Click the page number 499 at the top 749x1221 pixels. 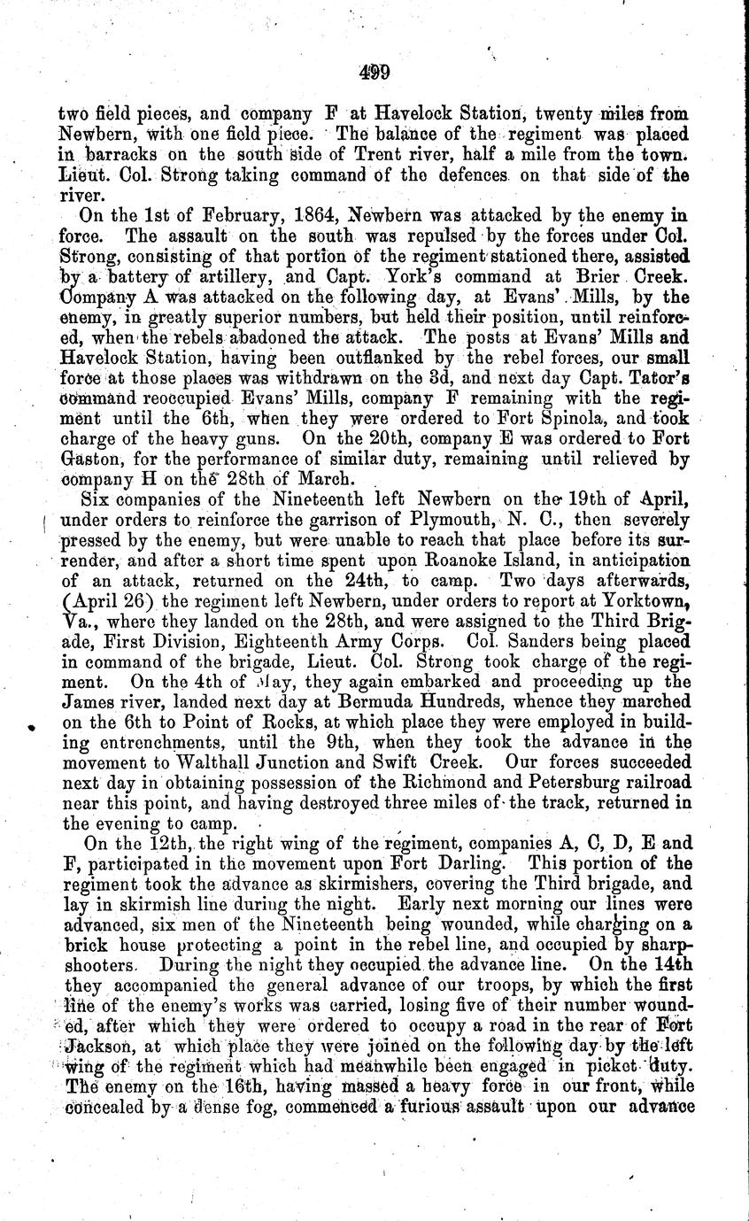click(375, 73)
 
